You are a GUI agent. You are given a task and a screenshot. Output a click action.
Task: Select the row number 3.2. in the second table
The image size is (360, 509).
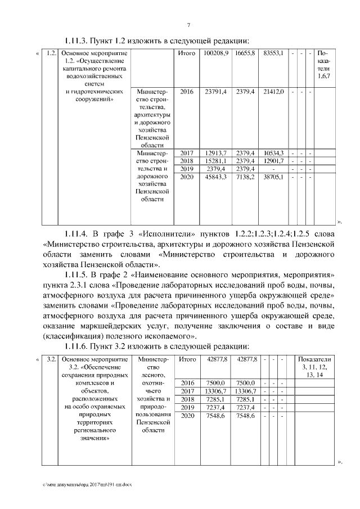tap(51, 359)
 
